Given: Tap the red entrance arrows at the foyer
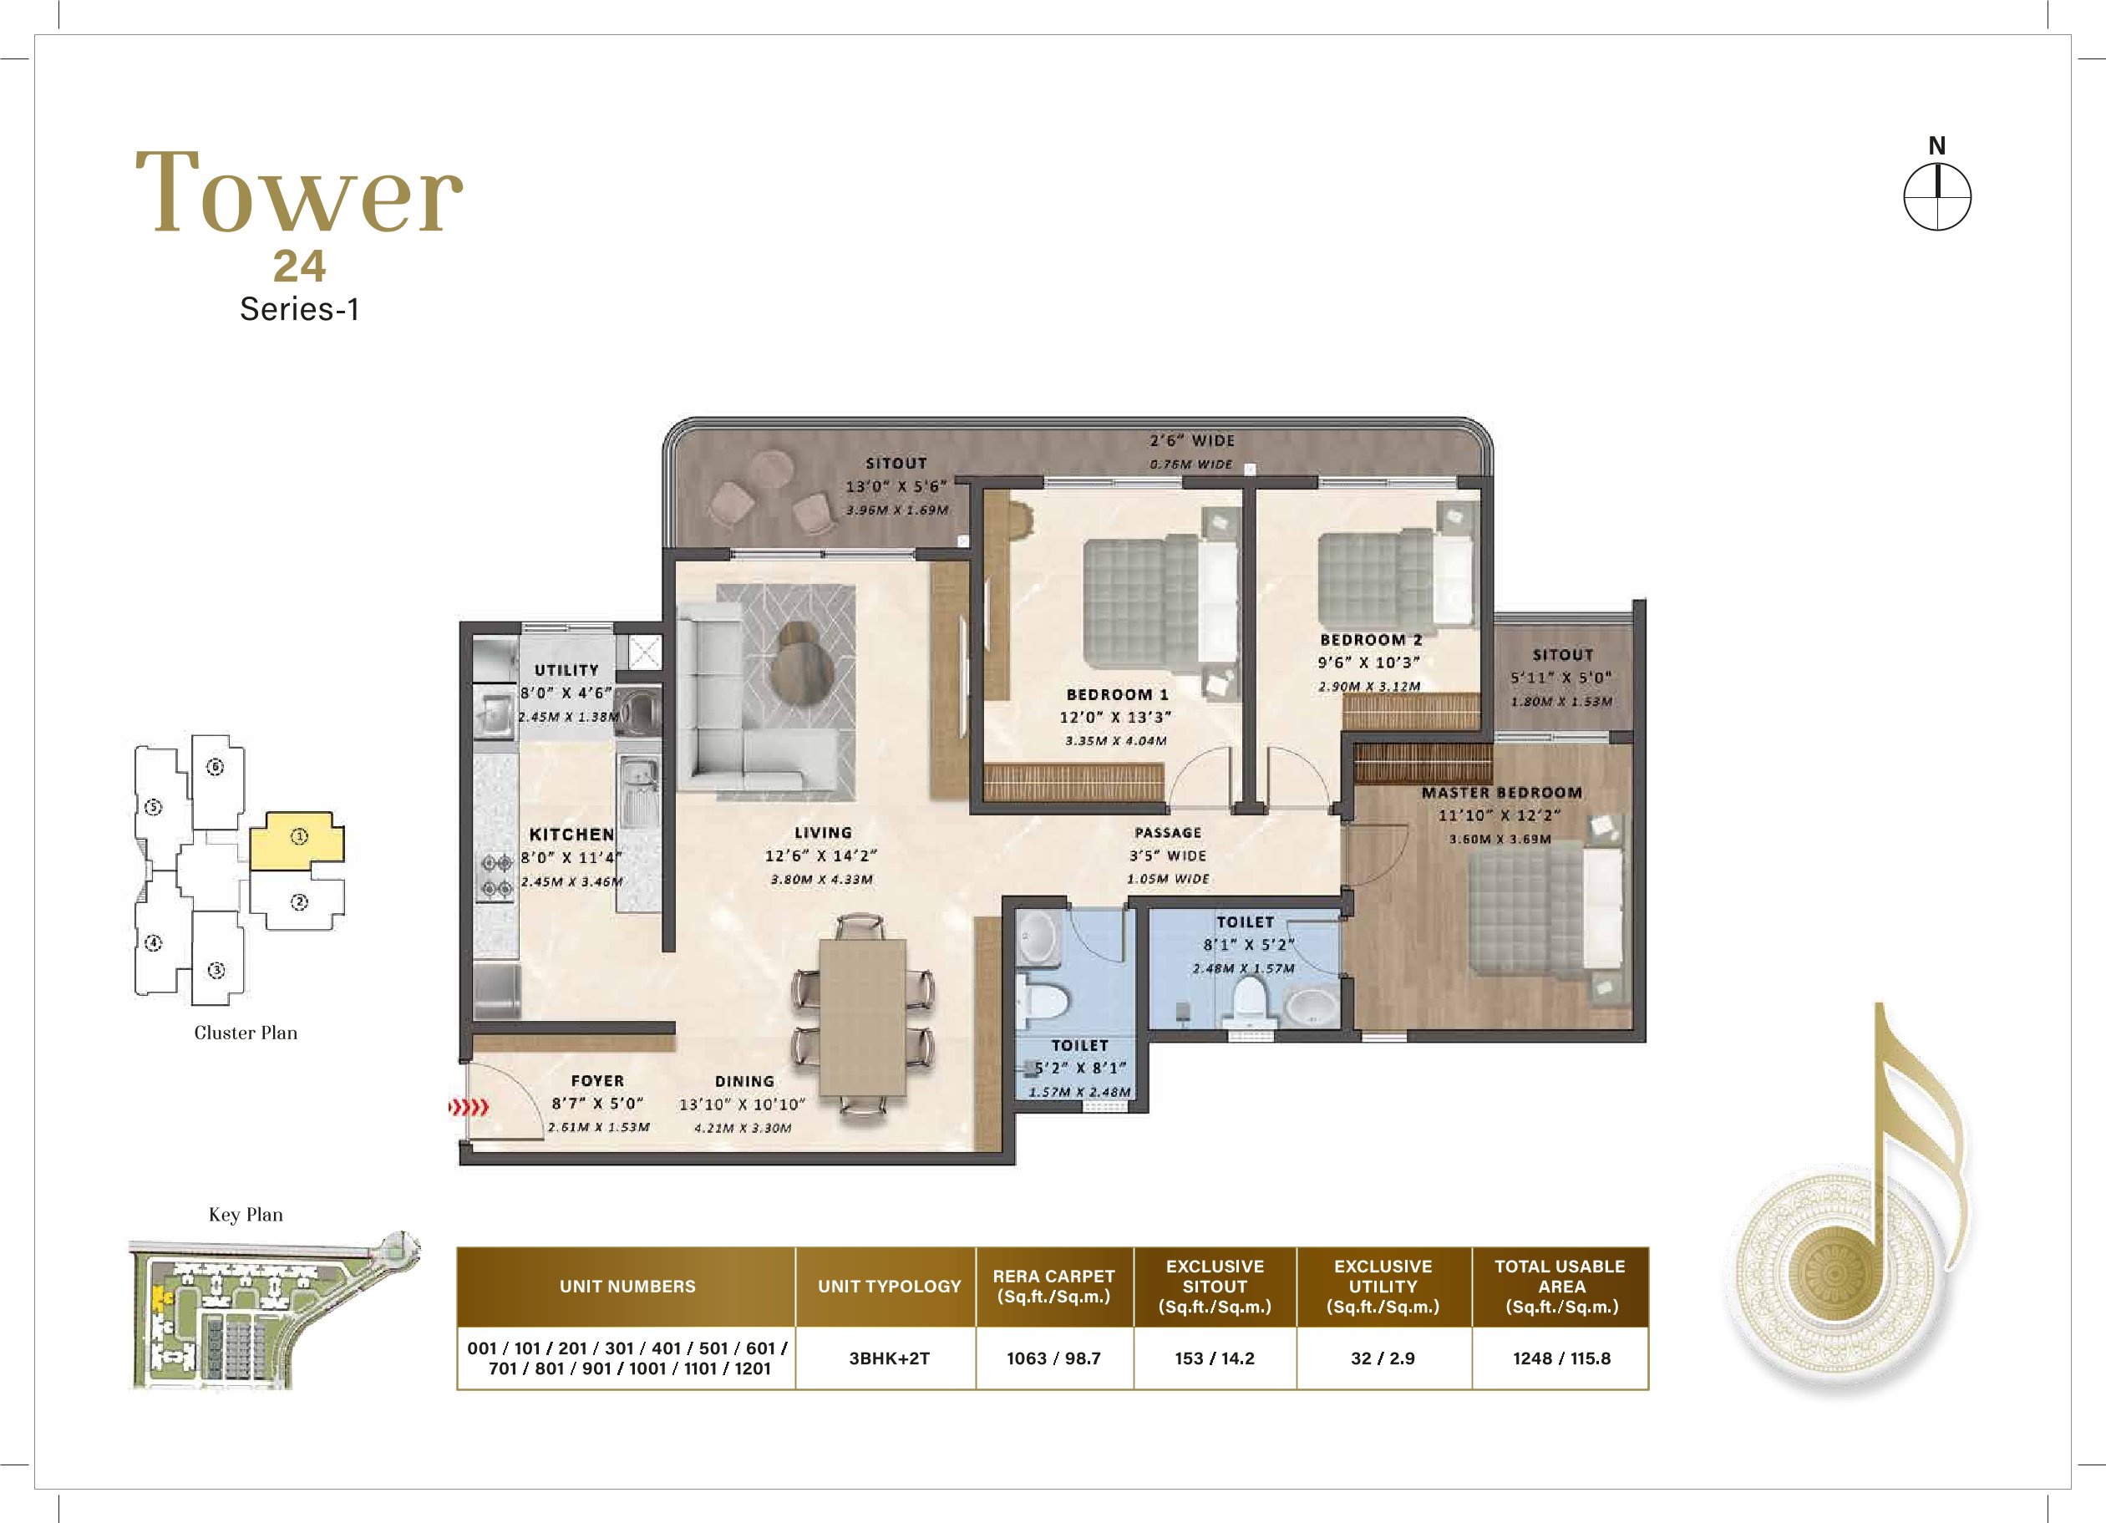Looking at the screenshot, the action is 468,1107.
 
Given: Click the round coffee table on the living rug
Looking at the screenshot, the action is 803,665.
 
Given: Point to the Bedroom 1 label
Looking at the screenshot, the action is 1117,694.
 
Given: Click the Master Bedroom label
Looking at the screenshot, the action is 1501,792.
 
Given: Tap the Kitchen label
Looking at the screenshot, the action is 572,834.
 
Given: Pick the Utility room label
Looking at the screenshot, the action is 566,669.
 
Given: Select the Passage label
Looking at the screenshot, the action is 1168,832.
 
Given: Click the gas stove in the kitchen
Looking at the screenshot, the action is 494,875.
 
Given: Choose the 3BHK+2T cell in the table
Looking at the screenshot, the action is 889,1358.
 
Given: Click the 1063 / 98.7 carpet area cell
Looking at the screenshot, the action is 1054,1358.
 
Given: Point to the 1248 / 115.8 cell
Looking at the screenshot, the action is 1561,1358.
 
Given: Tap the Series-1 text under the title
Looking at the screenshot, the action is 299,308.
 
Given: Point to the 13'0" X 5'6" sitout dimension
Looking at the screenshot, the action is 896,485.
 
